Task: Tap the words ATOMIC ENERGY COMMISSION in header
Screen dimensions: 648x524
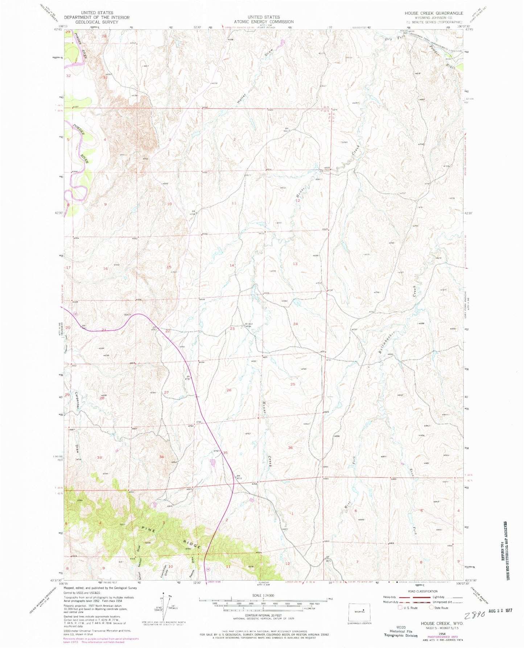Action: (264, 22)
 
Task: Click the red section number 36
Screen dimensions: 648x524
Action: (290, 448)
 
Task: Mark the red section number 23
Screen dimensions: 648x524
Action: (232, 329)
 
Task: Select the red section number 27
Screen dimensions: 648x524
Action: (166, 392)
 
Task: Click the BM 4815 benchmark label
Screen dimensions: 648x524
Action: (239, 478)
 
